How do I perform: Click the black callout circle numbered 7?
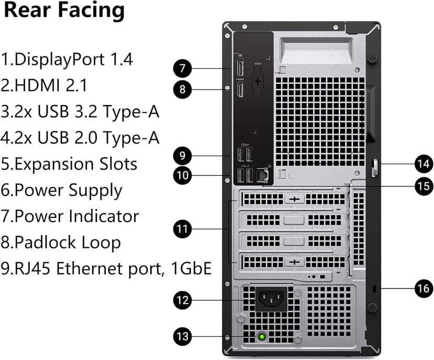click(182, 68)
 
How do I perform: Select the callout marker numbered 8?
click(182, 90)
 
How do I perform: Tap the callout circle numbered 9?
click(182, 156)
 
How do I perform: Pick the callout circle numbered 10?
click(182, 174)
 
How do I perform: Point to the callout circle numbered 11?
click(182, 229)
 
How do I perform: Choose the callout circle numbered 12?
click(182, 300)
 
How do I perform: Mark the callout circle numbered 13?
click(182, 336)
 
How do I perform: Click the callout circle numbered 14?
click(422, 164)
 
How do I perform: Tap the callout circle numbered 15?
click(422, 186)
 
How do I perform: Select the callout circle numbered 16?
click(422, 288)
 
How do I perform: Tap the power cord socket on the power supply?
click(272, 300)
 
